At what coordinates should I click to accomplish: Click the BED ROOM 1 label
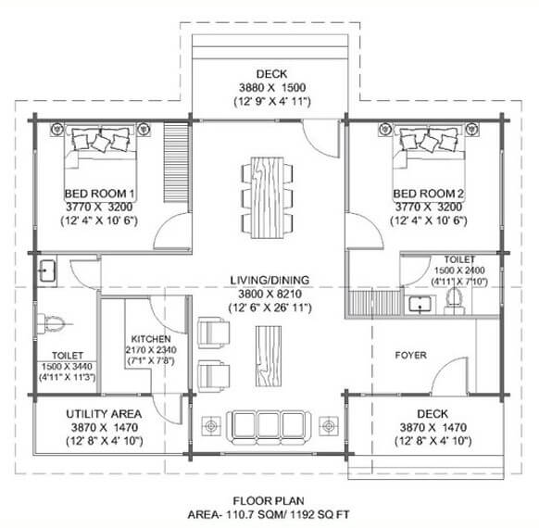tap(100, 193)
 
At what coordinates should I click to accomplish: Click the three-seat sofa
tap(270, 423)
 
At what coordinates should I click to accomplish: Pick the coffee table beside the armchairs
tap(269, 354)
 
